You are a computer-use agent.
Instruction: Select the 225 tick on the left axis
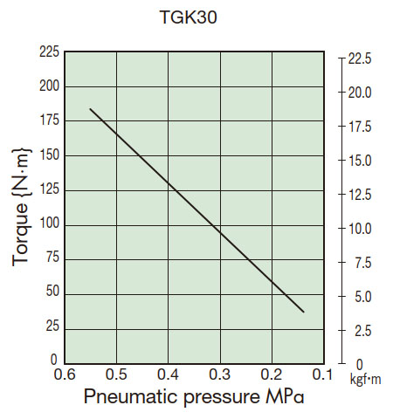(x=49, y=52)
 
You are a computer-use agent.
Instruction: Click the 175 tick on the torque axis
(x=49, y=121)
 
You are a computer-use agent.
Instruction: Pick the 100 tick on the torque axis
(x=49, y=224)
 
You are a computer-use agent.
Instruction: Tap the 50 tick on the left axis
(x=52, y=292)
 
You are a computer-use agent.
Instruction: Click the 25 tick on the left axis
(x=52, y=326)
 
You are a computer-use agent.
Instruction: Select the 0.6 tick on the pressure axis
(x=65, y=374)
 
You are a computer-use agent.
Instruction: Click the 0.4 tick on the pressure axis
(x=169, y=374)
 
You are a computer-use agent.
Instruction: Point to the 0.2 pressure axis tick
(x=272, y=374)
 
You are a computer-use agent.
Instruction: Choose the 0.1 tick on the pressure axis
(x=323, y=374)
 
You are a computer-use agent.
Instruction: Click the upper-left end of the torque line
(x=90, y=109)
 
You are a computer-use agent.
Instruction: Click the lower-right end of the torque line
(x=304, y=312)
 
